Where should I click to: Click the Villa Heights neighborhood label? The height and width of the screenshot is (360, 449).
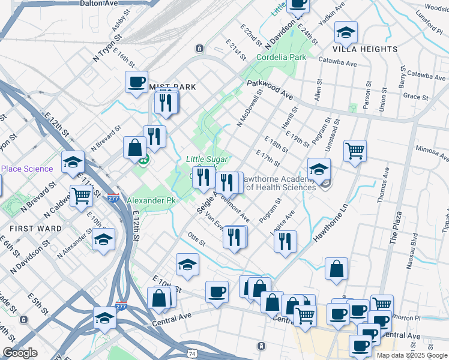pyautogui.click(x=365, y=49)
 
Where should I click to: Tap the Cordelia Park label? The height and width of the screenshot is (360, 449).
pyautogui.click(x=282, y=58)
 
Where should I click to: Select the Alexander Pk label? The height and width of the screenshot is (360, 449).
pyautogui.click(x=151, y=200)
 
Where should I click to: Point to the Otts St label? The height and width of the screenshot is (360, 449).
pyautogui.click(x=196, y=239)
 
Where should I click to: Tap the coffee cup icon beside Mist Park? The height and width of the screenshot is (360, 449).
pyautogui.click(x=136, y=81)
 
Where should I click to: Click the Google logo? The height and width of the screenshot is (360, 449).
pyautogui.click(x=20, y=353)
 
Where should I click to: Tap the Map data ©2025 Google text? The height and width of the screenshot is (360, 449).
pyautogui.click(x=411, y=355)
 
